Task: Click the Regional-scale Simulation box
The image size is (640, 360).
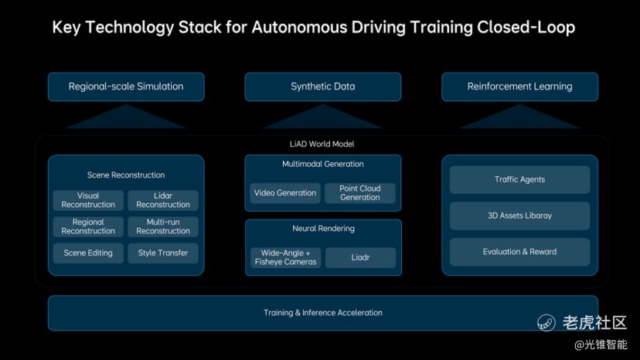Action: click(x=126, y=87)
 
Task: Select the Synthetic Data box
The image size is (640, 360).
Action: click(x=322, y=87)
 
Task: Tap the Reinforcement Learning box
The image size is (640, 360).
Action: click(x=519, y=87)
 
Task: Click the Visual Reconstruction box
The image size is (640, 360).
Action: click(x=88, y=200)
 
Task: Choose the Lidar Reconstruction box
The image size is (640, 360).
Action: click(x=163, y=200)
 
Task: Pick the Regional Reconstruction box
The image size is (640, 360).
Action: click(x=88, y=226)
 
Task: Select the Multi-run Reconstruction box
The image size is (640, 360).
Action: click(x=163, y=226)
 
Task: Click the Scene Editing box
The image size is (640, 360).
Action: click(x=88, y=253)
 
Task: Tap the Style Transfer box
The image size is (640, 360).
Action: click(x=163, y=253)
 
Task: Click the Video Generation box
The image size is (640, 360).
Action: click(x=285, y=193)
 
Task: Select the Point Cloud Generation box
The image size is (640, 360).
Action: click(x=360, y=193)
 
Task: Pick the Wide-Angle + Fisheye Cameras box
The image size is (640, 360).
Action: click(x=285, y=257)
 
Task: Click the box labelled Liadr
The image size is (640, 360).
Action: click(x=360, y=257)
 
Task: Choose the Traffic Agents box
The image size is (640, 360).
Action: click(x=519, y=179)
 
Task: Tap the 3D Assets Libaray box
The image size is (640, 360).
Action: click(x=519, y=216)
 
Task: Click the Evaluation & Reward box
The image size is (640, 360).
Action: click(x=519, y=252)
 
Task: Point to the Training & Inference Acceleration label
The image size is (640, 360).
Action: click(x=322, y=313)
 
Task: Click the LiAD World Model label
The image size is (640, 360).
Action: click(x=322, y=144)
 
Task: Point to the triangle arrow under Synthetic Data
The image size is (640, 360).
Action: click(x=322, y=117)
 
